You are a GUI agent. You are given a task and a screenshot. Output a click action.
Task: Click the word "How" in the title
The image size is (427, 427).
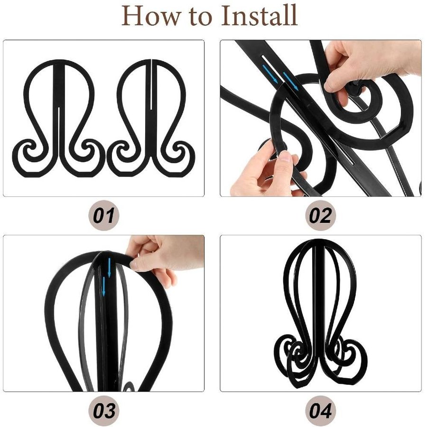coord(150,15)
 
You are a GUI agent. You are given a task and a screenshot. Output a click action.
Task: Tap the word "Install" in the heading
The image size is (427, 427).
coord(259,15)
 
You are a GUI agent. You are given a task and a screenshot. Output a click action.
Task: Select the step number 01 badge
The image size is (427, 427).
coord(104,215)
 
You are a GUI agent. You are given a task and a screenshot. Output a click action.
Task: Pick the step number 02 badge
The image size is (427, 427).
coord(321,215)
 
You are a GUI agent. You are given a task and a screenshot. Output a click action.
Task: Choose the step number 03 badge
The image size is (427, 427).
coord(104,410)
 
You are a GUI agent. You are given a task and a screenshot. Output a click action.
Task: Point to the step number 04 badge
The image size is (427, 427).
coord(321,410)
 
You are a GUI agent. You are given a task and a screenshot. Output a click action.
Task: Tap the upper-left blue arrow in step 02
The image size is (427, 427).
coord(270,74)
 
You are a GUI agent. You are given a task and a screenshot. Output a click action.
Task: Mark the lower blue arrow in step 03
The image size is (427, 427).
coord(104,286)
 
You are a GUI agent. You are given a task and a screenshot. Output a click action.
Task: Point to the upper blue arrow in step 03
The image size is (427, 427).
coord(109,268)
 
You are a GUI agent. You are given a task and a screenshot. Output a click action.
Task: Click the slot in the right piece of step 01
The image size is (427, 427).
coord(150,84)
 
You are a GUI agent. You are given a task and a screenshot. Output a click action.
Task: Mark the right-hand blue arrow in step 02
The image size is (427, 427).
coord(291,81)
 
